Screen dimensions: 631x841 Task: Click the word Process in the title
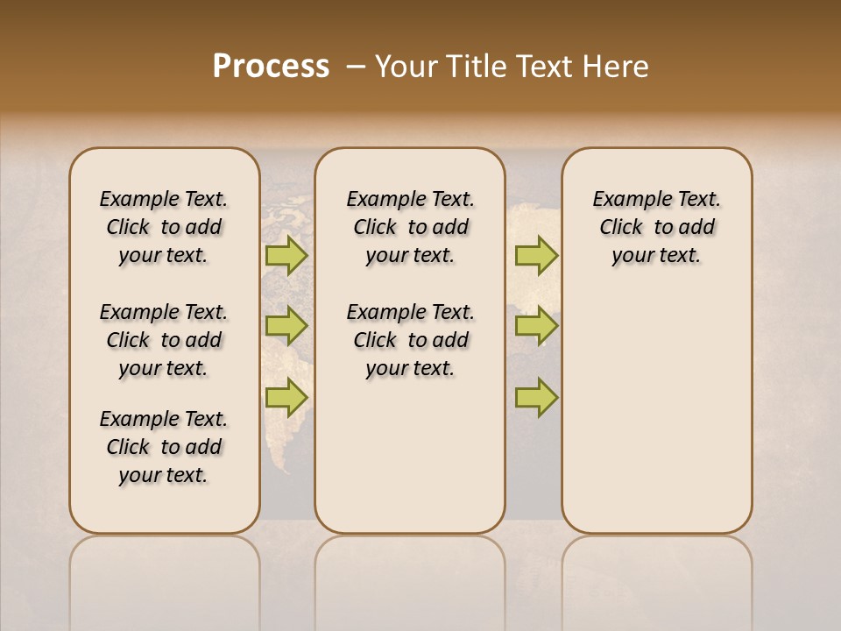[271, 67]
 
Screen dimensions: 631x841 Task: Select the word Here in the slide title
[615, 67]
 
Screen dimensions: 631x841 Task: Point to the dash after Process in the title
[356, 67]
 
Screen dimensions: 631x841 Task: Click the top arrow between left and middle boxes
[286, 256]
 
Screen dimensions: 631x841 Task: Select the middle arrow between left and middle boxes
[286, 326]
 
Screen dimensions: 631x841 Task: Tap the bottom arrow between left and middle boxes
[286, 398]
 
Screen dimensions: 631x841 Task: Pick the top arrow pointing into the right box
[536, 256]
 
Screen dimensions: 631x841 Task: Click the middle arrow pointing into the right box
[536, 326]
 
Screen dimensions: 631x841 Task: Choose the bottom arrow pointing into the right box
[536, 398]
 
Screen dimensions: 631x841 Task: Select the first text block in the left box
[164, 227]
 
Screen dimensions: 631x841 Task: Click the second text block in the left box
[164, 340]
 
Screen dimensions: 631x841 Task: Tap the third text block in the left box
[164, 447]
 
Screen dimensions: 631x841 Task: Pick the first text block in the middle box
[410, 227]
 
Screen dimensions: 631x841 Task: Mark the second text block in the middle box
[410, 340]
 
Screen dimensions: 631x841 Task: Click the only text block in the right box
[657, 227]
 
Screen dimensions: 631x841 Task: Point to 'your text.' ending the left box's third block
[164, 475]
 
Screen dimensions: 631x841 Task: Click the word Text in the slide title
[545, 67]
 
